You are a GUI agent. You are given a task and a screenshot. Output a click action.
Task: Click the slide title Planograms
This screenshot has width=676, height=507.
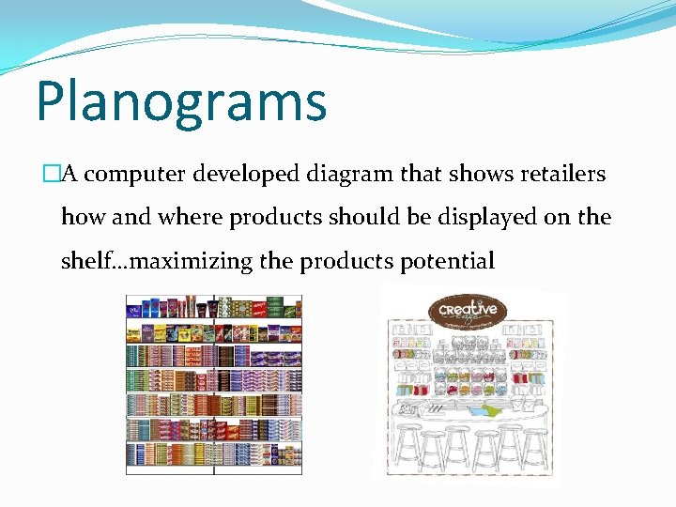click(x=181, y=102)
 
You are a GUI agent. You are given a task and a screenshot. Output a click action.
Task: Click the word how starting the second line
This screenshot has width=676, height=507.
click(x=83, y=218)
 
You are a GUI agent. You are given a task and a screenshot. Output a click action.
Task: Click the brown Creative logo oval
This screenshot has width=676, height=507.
click(x=468, y=311)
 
